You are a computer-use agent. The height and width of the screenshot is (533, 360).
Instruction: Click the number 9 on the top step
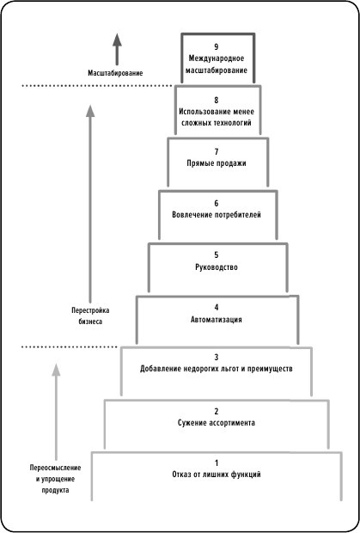217,46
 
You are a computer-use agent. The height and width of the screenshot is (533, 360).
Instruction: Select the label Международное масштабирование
217,63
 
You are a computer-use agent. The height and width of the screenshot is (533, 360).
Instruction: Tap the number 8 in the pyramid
217,100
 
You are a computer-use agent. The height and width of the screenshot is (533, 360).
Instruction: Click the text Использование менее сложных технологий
217,117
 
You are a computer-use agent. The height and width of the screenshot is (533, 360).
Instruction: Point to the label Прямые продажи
217,163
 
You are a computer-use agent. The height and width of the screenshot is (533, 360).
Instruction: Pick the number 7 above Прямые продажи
217,151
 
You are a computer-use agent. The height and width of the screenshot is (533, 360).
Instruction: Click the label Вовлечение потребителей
217,214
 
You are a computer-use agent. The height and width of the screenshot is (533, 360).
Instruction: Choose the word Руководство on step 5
217,267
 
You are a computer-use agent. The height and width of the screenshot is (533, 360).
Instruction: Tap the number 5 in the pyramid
217,255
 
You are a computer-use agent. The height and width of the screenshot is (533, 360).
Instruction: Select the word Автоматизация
217,319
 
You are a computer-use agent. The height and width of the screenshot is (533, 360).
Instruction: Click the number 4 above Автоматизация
217,307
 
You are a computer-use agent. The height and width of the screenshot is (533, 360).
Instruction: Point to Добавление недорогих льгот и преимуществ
217,369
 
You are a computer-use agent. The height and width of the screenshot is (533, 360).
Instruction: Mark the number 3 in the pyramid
217,357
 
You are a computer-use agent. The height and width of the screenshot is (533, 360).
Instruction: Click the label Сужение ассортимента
217,423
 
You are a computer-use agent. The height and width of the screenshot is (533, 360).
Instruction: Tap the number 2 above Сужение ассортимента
217,411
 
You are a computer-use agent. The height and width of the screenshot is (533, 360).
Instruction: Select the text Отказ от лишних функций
217,474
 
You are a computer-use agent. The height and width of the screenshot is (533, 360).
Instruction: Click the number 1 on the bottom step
217,463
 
